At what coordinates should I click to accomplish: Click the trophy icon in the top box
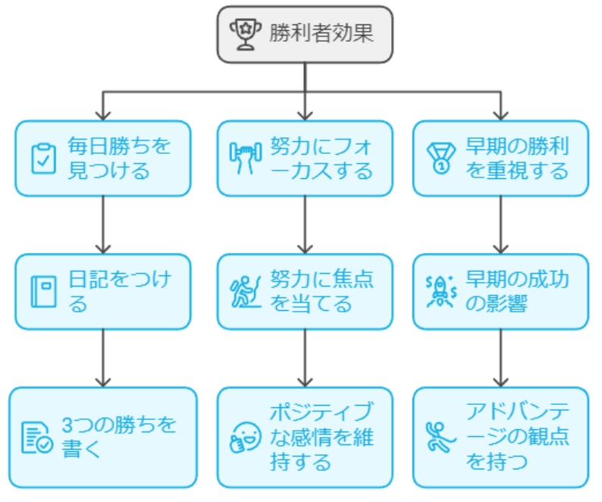(244, 35)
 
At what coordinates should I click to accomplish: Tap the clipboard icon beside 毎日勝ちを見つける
(42, 158)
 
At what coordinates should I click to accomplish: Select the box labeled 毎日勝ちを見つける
(103, 158)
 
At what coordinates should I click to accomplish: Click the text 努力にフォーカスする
(321, 158)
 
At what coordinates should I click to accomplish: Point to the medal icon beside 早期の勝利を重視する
(440, 158)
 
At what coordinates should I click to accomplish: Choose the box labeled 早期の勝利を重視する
(500, 158)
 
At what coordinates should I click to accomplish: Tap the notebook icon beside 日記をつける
(42, 292)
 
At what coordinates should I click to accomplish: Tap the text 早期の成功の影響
(517, 291)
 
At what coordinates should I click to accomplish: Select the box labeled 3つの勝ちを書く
(103, 438)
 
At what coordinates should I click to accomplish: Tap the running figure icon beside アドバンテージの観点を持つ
(440, 438)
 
